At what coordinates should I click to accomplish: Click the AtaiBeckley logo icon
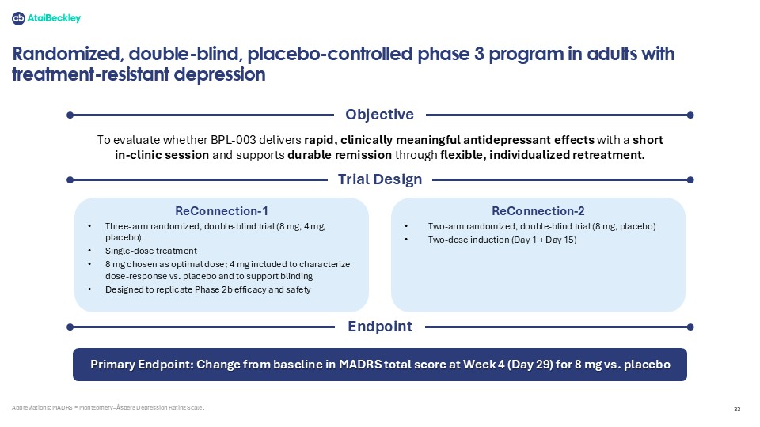18,18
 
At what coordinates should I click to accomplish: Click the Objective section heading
379,115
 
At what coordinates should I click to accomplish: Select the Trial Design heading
380,179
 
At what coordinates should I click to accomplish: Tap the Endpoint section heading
380,327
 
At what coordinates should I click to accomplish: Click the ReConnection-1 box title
222,211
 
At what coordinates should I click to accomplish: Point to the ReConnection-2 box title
538,211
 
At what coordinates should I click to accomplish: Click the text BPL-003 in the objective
233,140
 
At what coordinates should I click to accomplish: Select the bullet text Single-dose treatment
151,251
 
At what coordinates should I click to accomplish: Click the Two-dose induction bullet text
502,240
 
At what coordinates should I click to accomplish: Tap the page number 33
737,409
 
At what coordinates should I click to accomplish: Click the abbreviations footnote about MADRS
108,408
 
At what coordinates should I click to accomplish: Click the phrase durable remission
340,155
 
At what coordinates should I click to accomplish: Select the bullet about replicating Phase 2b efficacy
208,289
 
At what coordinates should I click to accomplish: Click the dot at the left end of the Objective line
70,115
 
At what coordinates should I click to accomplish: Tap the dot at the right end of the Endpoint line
690,327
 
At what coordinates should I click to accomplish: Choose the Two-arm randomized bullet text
541,226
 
